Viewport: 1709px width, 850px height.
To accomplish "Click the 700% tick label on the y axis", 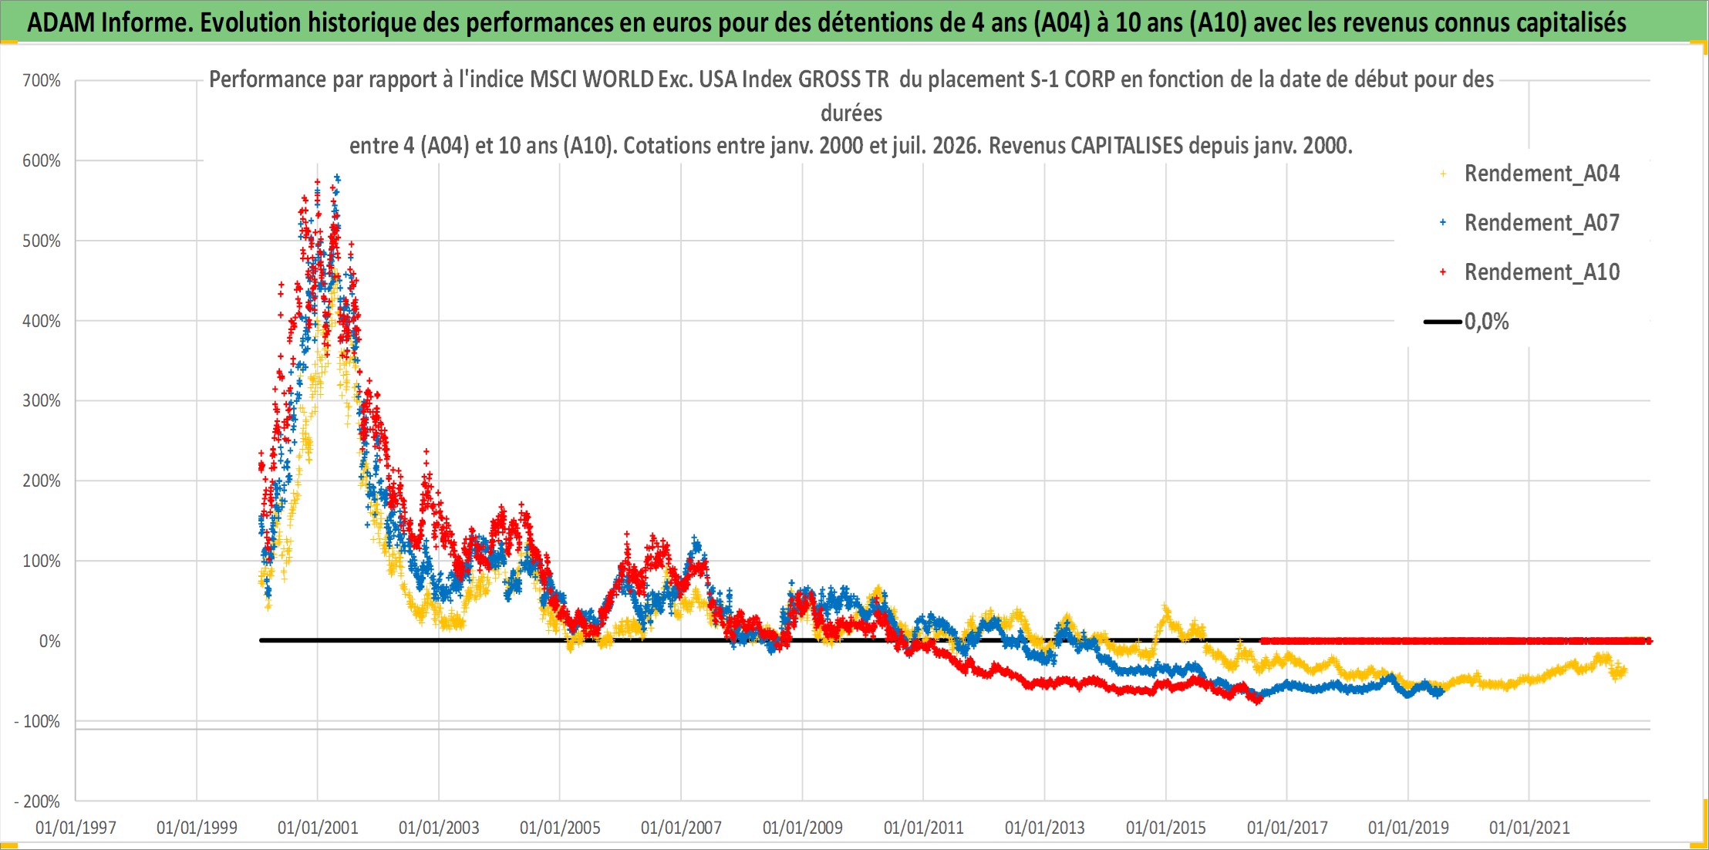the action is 42,80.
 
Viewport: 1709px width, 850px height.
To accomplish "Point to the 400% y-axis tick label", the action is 42,321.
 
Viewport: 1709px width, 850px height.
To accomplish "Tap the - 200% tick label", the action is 37,801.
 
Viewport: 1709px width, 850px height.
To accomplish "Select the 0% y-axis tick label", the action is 50,641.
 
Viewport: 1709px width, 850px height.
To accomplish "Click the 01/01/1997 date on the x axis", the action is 76,828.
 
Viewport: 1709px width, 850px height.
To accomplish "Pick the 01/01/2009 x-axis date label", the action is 803,828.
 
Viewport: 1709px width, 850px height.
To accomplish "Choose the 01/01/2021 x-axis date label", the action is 1529,828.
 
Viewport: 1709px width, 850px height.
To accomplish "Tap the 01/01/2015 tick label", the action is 1166,828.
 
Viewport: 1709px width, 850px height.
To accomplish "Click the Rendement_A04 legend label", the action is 1542,174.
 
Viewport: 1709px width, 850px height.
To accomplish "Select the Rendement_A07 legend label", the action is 1542,223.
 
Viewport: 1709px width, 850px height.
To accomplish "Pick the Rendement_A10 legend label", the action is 1542,272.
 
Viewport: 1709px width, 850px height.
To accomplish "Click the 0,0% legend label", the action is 1487,322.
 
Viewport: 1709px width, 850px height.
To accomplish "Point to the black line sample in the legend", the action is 1443,322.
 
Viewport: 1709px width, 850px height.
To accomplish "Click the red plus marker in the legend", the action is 1443,272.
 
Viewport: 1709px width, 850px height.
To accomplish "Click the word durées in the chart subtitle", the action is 851,113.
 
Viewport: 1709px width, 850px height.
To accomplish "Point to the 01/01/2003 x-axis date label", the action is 439,828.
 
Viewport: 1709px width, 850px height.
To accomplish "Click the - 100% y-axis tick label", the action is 37,721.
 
